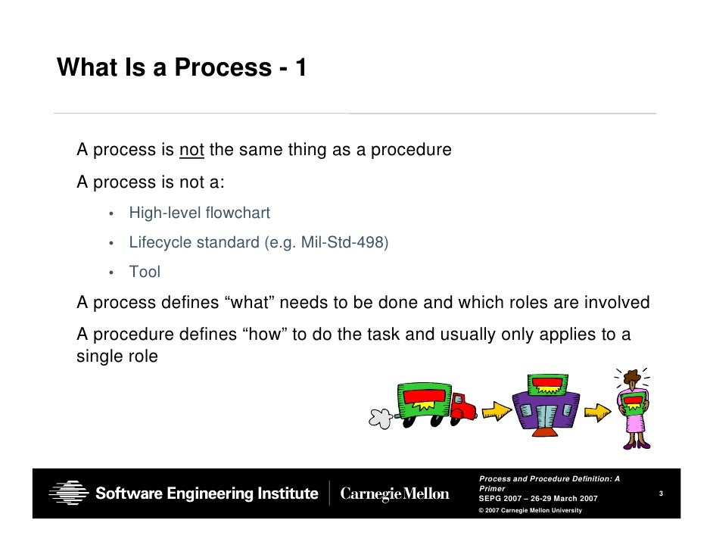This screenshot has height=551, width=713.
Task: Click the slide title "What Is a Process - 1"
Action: click(x=182, y=68)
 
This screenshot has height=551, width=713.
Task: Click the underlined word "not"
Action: click(x=191, y=150)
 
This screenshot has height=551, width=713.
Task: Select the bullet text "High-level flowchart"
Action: click(x=199, y=213)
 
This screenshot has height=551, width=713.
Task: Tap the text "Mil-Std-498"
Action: click(x=350, y=243)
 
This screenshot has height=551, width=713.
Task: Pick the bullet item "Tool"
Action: click(x=145, y=272)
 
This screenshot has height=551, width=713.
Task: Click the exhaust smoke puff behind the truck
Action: click(x=380, y=416)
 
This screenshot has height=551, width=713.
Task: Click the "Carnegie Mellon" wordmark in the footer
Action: click(x=394, y=494)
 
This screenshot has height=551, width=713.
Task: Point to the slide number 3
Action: click(x=661, y=494)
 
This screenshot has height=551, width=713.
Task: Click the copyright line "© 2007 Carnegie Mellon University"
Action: click(x=530, y=511)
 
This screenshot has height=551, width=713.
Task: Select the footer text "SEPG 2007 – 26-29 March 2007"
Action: click(x=538, y=499)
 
